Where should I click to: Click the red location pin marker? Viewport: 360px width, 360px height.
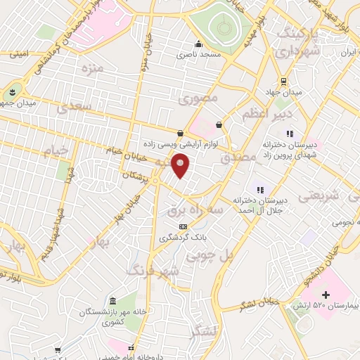pyautogui.click(x=181, y=166)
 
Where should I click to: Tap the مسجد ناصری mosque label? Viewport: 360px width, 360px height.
pyautogui.click(x=198, y=53)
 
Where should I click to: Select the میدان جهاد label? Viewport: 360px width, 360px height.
pyautogui.click(x=288, y=92)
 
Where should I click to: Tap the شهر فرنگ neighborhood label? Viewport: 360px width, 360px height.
pyautogui.click(x=153, y=270)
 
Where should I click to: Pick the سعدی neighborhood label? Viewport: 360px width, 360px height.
pyautogui.click(x=75, y=108)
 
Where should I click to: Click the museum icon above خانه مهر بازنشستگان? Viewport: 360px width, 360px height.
pyautogui.click(x=113, y=300)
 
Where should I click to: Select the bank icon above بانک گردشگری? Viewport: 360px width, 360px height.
pyautogui.click(x=184, y=226)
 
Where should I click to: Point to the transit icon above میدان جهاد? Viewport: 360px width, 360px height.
pyautogui.click(x=283, y=81)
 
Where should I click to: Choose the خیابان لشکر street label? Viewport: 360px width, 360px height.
pyautogui.click(x=259, y=304)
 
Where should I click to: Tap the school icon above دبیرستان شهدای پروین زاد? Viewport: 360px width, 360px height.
pyautogui.click(x=288, y=133)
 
